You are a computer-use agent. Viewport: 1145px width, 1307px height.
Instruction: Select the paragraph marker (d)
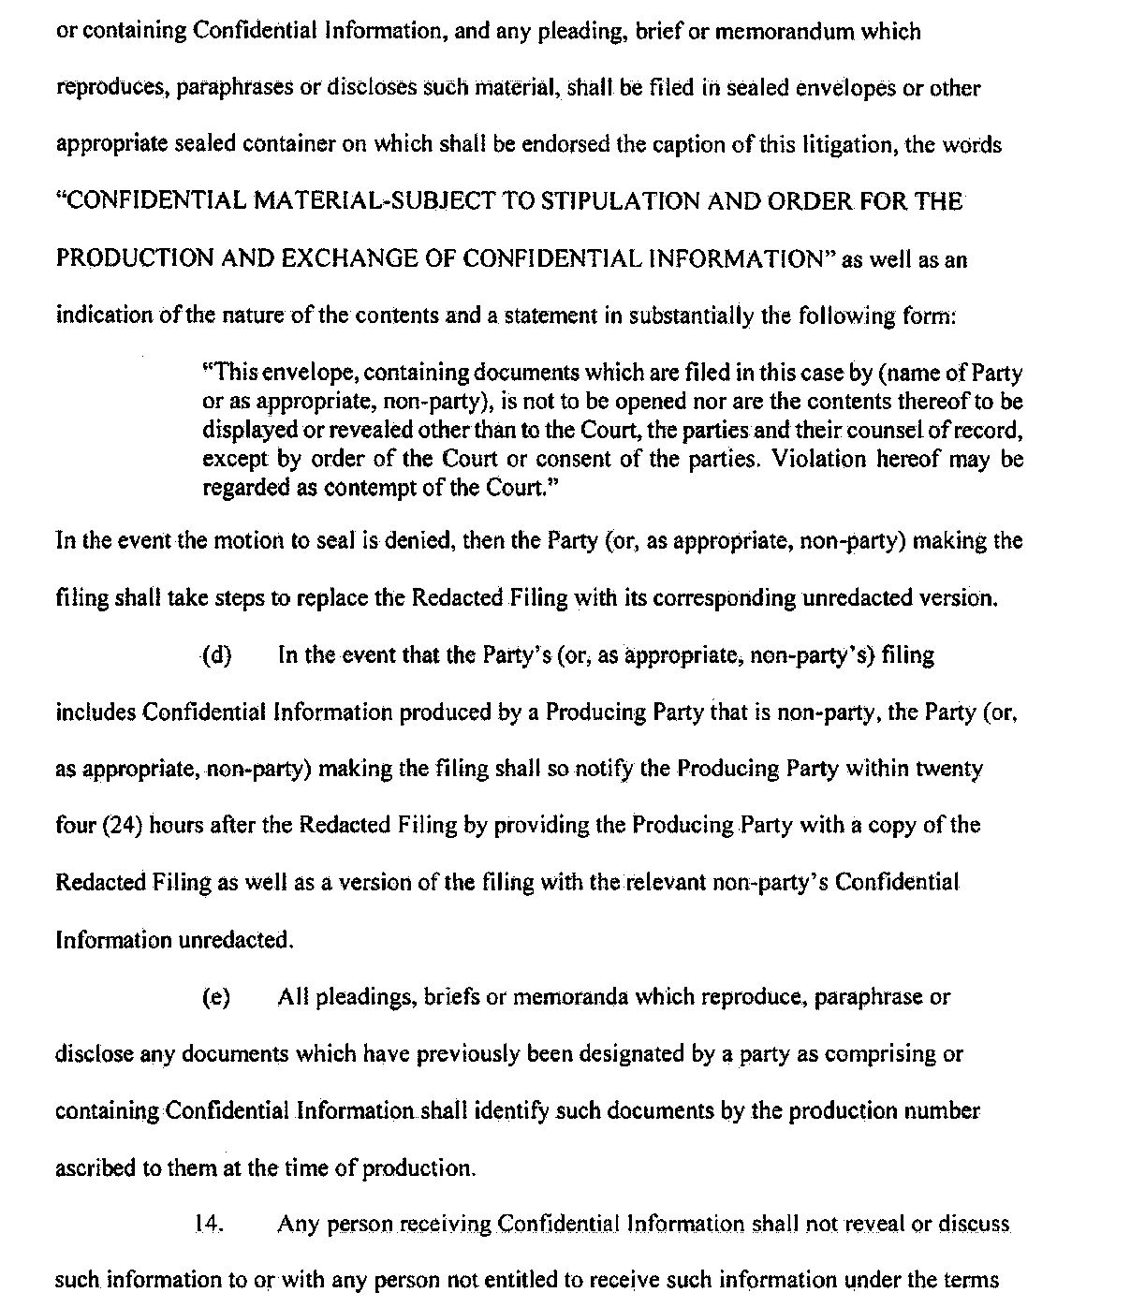217,655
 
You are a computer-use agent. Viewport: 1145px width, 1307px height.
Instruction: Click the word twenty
948,769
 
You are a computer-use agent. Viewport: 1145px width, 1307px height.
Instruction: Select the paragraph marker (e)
216,997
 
